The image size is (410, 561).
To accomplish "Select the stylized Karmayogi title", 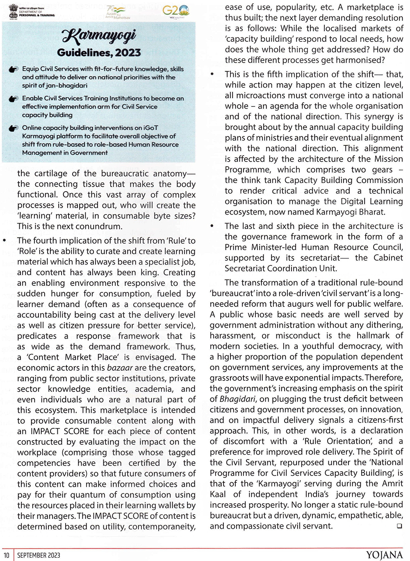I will tap(99, 37).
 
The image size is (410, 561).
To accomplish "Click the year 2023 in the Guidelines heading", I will tap(128, 53).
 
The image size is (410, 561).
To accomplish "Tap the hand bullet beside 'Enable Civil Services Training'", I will tap(14, 99).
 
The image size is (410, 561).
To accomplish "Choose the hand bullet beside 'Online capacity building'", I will tap(14, 128).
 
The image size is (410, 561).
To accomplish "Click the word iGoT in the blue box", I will tap(148, 128).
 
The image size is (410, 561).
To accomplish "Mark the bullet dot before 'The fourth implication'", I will tap(5, 240).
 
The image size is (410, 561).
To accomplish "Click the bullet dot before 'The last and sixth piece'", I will tap(212, 226).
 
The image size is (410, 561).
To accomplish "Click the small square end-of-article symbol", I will tap(399, 527).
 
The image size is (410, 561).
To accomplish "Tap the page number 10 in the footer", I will tap(7, 555).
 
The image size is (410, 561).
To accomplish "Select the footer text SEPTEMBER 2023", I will tap(39, 555).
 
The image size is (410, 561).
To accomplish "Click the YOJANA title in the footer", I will tap(384, 555).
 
